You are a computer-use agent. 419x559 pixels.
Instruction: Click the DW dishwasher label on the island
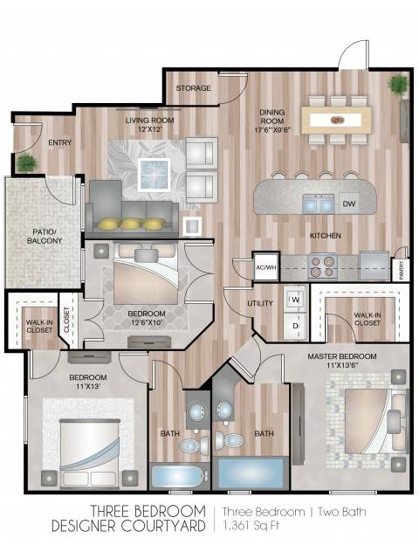click(x=349, y=204)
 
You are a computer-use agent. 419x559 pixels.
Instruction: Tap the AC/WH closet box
click(x=265, y=267)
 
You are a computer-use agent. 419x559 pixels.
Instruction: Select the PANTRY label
click(x=402, y=270)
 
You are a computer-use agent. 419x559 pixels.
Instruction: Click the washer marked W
click(x=296, y=299)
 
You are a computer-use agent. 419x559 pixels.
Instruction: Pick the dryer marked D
click(x=296, y=326)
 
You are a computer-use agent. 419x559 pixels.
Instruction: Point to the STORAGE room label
click(x=194, y=88)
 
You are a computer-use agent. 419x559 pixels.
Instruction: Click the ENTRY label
click(x=60, y=142)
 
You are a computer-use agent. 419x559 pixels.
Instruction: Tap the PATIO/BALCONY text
click(x=45, y=236)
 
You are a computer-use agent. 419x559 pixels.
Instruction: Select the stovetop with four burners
click(x=323, y=266)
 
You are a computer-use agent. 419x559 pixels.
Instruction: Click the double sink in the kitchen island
click(x=319, y=204)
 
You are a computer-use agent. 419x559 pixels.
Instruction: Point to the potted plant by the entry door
click(x=26, y=162)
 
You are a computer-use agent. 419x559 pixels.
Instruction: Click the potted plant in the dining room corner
click(x=398, y=86)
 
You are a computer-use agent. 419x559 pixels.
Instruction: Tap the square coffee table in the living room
click(x=155, y=175)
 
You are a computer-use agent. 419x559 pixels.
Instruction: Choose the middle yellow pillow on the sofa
click(x=130, y=224)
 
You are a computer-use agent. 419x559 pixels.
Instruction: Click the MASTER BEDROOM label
click(x=342, y=356)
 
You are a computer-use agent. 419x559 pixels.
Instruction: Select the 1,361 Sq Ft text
click(x=251, y=525)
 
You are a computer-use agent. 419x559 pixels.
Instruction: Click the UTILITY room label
click(x=260, y=303)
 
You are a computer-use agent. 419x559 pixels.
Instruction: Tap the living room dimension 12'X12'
click(x=150, y=129)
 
